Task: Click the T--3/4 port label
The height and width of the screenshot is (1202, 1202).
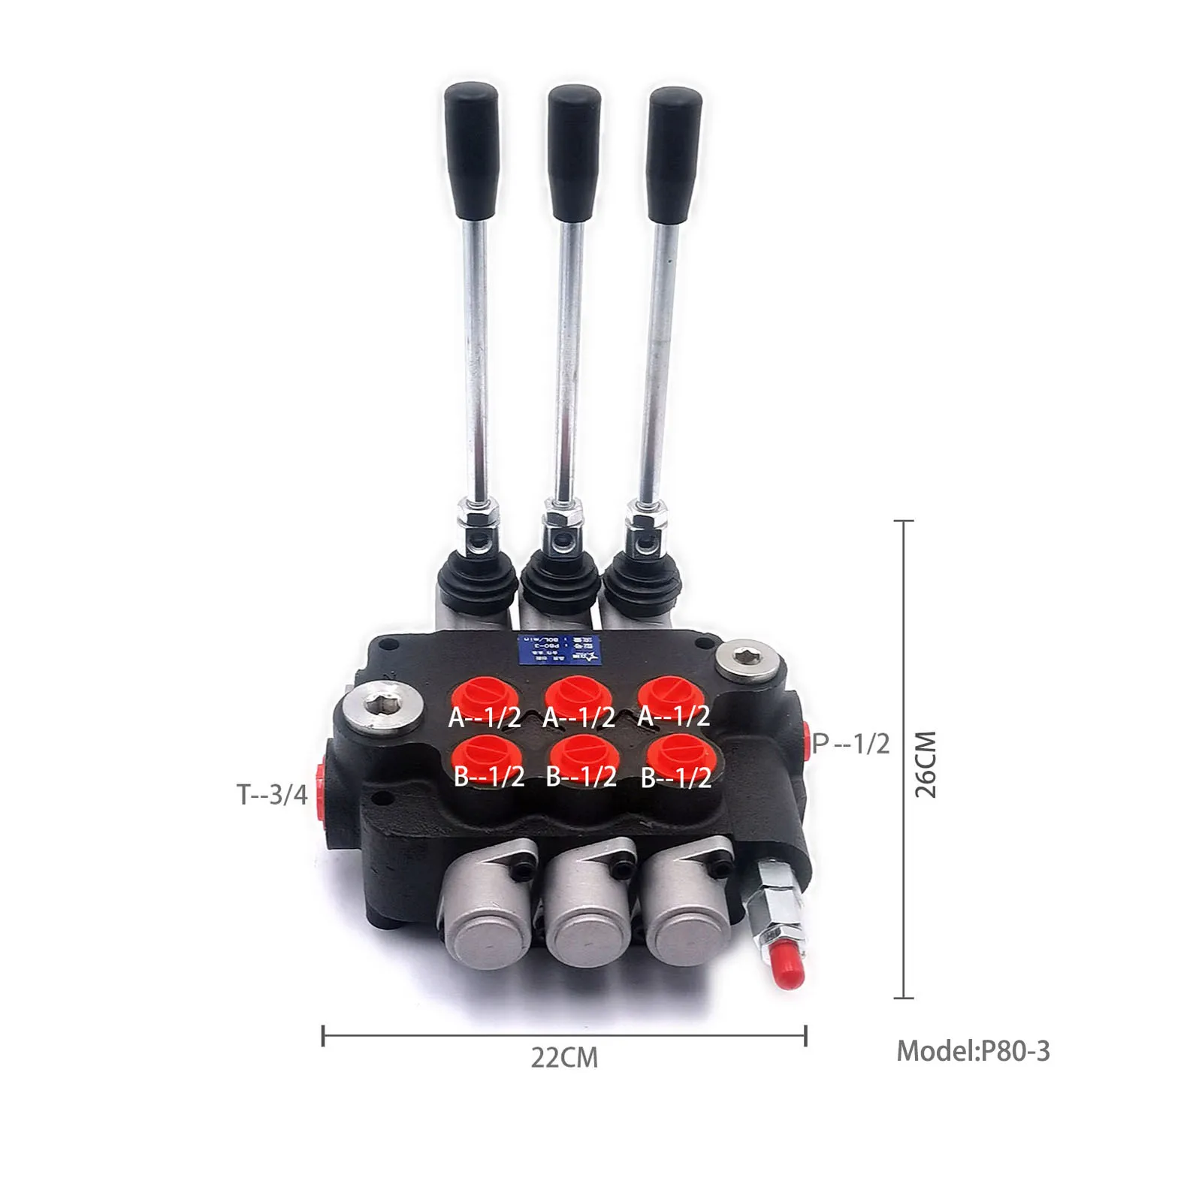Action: pyautogui.click(x=273, y=794)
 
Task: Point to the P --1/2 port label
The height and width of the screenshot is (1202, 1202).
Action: pyautogui.click(x=851, y=744)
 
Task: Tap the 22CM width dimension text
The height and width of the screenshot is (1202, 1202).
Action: pyautogui.click(x=564, y=1058)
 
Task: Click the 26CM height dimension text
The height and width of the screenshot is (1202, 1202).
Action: pyautogui.click(x=926, y=764)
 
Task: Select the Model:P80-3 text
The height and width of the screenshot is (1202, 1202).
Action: pyautogui.click(x=973, y=1050)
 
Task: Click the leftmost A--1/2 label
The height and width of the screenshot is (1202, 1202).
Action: pyautogui.click(x=485, y=717)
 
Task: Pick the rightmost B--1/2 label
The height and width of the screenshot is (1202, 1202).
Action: pyautogui.click(x=676, y=778)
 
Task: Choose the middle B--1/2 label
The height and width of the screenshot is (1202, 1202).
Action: pyautogui.click(x=581, y=776)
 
